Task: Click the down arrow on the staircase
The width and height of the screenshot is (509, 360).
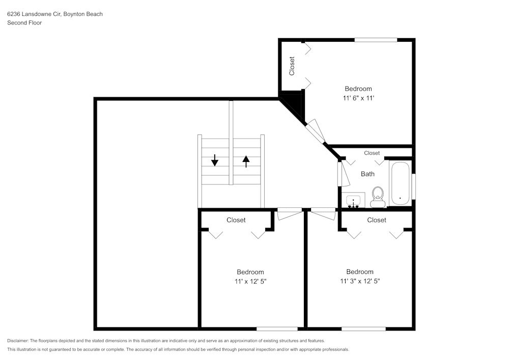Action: [215, 160]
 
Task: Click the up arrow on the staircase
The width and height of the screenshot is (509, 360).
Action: [246, 161]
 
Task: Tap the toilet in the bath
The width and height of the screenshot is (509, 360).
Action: [378, 197]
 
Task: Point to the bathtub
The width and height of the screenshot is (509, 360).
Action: [400, 184]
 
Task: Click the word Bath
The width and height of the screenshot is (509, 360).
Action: [367, 174]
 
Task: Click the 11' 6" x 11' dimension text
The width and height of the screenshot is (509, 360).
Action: [358, 98]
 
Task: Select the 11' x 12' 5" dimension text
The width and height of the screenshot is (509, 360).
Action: [250, 281]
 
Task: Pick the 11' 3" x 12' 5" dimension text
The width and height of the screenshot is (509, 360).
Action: [360, 281]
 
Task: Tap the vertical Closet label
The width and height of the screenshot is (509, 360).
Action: [292, 66]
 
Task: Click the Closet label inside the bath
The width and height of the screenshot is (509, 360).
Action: [372, 153]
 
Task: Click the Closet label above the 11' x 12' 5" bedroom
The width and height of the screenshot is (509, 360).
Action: [236, 220]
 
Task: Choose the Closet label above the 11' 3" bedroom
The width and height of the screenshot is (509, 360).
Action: [377, 220]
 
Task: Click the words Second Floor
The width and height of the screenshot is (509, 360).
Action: [24, 23]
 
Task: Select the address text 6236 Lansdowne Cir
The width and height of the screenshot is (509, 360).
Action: [34, 14]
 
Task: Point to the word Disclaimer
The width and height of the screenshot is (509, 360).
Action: [18, 341]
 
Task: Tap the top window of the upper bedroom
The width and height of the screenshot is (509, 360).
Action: [376, 40]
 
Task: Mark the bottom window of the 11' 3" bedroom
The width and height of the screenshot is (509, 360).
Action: [363, 328]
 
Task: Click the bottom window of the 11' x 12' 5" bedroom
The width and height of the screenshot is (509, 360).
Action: [277, 328]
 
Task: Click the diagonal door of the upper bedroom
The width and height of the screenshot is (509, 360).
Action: [317, 131]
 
